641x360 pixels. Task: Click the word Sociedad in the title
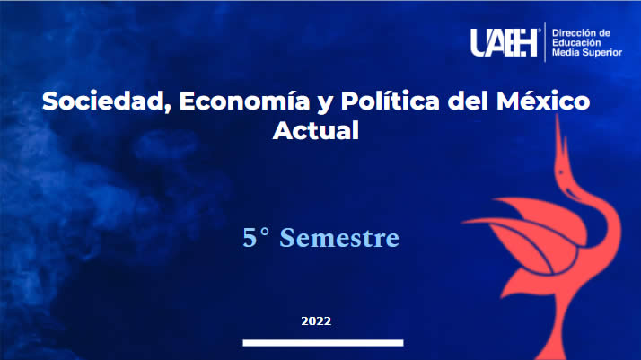106,101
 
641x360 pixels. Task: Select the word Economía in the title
244,101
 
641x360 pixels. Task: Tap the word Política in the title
390,101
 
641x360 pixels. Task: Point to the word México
543,101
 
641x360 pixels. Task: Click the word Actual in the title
316,131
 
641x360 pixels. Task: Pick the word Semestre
339,238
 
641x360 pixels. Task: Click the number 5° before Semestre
256,238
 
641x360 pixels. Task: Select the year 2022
316,321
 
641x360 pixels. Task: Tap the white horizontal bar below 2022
323,343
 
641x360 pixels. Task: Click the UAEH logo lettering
504,42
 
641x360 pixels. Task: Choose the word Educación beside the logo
577,43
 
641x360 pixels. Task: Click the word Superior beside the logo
602,53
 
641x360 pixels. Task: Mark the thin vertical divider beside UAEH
545,42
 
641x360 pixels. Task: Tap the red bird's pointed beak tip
557,115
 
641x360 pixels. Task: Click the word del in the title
468,101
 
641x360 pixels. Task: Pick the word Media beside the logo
566,53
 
